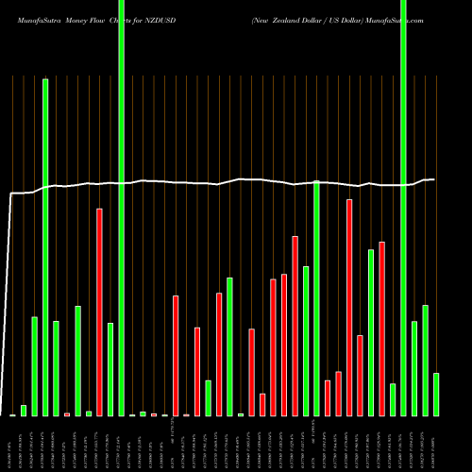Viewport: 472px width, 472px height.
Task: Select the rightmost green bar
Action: tap(436, 394)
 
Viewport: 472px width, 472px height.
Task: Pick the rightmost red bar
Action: tap(382, 329)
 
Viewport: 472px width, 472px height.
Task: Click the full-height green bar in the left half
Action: tap(121, 208)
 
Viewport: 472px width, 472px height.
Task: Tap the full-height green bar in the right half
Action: tap(404, 208)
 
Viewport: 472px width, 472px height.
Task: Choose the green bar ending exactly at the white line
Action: tap(317, 298)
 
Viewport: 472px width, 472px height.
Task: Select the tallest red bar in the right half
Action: tap(349, 308)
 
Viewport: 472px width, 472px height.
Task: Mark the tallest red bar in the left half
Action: tap(99, 312)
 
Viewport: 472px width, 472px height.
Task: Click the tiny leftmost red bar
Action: tap(67, 414)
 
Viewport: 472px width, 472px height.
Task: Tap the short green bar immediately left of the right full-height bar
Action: tap(393, 399)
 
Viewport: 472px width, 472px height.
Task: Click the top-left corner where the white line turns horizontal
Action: tap(11, 194)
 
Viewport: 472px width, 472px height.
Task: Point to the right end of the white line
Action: tap(434, 179)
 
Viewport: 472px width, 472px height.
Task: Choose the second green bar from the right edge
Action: tap(426, 360)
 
